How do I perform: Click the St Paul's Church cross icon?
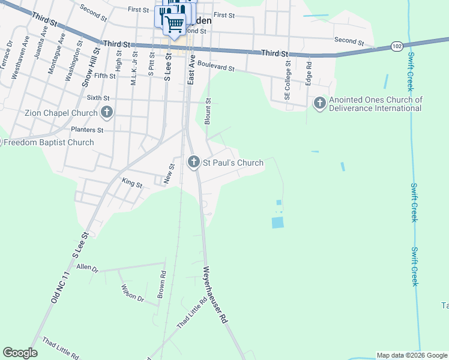[193, 162]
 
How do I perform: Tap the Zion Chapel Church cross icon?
[107, 112]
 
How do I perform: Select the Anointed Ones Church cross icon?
[319, 104]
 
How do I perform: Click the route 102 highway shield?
[396, 46]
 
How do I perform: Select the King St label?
[131, 184]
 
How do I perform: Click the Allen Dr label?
[87, 267]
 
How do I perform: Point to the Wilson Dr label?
[133, 293]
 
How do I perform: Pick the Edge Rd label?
[309, 73]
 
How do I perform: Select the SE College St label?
[288, 79]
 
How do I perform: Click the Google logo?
[20, 353]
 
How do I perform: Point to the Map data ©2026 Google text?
[411, 355]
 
